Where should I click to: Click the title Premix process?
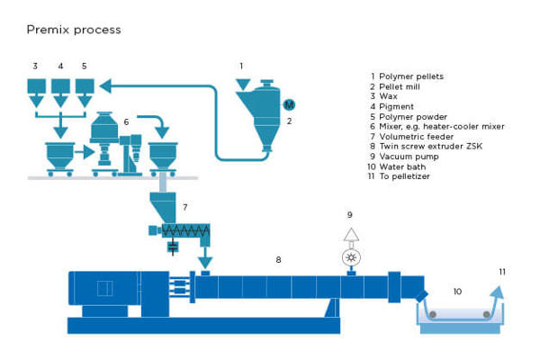pyautogui.click(x=73, y=30)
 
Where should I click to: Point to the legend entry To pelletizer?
pyautogui.click(x=402, y=176)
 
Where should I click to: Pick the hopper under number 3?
pyautogui.click(x=35, y=87)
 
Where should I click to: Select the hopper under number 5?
pyautogui.click(x=85, y=87)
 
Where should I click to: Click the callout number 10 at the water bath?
pyautogui.click(x=457, y=291)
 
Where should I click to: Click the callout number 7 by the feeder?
pyautogui.click(x=184, y=207)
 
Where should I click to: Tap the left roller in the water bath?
pyautogui.click(x=433, y=313)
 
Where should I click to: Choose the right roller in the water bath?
pyautogui.click(x=486, y=313)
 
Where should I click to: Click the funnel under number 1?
pyautogui.click(x=240, y=84)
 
